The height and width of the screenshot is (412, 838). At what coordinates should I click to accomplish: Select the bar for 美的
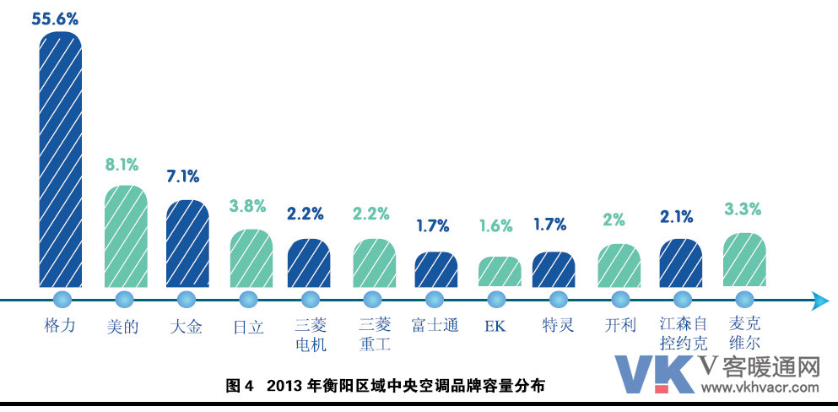[125, 236]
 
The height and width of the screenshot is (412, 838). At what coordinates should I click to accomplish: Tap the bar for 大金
[187, 243]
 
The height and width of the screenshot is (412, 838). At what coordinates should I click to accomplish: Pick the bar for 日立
[251, 257]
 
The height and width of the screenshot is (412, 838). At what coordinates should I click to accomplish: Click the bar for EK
[499, 271]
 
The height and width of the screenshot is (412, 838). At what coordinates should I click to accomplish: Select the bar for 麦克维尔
[744, 259]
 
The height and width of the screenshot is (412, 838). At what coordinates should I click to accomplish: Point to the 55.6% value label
[56, 19]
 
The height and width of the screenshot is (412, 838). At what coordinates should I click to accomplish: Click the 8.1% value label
[122, 165]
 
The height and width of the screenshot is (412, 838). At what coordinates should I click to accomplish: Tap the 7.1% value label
[183, 176]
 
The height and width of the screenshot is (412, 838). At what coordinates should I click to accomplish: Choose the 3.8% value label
[248, 206]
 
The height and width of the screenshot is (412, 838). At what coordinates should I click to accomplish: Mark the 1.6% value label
[495, 225]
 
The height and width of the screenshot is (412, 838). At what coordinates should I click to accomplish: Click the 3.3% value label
[743, 208]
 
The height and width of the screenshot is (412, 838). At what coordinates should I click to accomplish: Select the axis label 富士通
[435, 325]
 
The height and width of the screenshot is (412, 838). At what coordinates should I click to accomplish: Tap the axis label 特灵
[558, 325]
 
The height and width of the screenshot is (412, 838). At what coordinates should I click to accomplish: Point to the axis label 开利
[620, 325]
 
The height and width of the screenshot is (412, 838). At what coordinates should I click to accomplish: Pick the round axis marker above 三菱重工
[373, 299]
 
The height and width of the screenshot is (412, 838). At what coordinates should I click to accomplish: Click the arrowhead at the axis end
[818, 300]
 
